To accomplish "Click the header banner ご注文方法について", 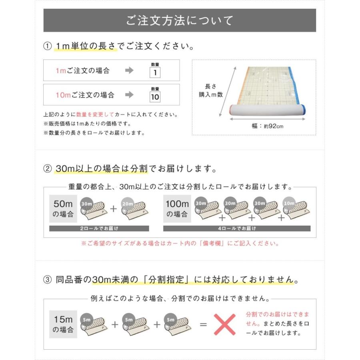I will pos(180,20).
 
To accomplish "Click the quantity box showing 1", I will pos(155,72).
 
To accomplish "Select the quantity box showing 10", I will pos(155,97).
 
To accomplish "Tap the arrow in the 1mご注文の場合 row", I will pos(129,71).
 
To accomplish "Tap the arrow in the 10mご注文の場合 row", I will pos(129,95).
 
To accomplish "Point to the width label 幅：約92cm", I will pos(268,126).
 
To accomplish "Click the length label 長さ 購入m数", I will pos(210,90).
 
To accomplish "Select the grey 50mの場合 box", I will pos(63,209).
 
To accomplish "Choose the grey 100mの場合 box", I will pos(176,209).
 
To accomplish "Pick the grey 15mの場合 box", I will pos(63,324).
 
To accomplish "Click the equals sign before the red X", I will pos(203,324).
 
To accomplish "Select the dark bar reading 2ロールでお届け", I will pos(99,228).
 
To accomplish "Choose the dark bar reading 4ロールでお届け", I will pos(237,228).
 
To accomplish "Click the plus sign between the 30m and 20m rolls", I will pos(114,209).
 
